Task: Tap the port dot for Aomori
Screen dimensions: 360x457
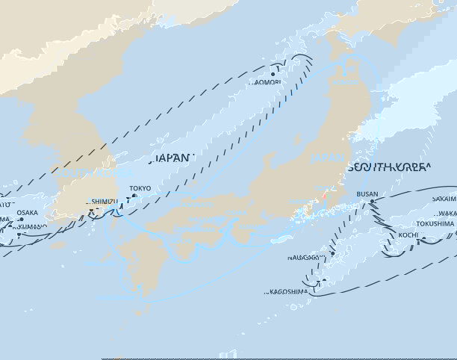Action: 274,73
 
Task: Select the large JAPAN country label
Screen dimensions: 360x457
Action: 172,158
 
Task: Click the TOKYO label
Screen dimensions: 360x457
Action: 140,188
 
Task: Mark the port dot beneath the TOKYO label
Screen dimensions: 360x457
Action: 134,196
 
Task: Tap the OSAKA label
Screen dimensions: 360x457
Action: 27,212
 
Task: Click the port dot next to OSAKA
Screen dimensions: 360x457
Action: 22,220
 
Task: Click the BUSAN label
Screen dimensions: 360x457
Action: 367,194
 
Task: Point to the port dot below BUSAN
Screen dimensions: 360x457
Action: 372,202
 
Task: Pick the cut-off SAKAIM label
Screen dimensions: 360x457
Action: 444,199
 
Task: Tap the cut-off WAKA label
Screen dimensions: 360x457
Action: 448,212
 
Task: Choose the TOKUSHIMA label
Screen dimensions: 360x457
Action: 435,223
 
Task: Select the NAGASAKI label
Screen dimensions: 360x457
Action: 304,257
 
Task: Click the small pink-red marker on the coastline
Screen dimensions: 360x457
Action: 324,195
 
